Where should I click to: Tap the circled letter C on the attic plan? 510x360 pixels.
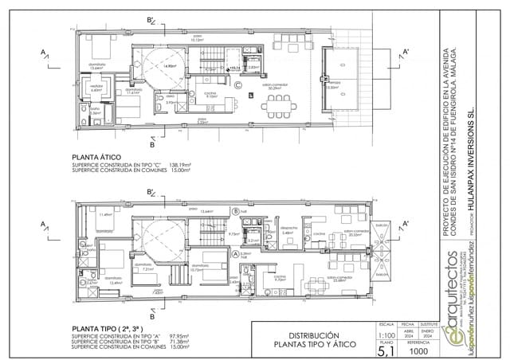click(x=237, y=83)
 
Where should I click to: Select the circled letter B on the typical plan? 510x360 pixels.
click(x=236, y=210)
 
